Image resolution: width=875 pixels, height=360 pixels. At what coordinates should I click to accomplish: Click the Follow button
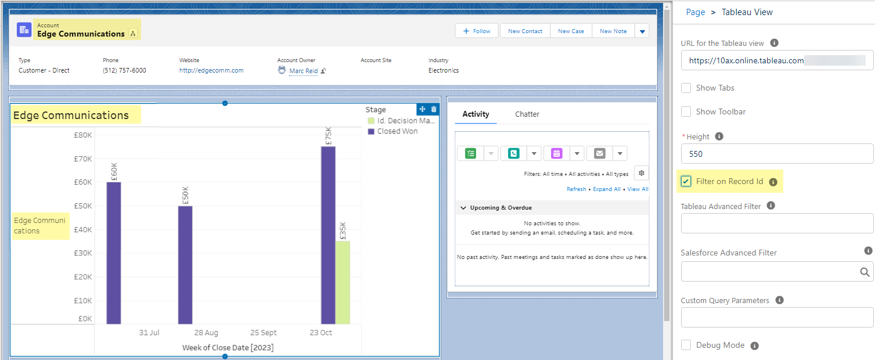coord(477,31)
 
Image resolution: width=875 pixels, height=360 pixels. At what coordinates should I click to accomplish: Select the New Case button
coord(571,31)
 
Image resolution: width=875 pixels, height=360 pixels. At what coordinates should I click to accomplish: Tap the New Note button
coord(613,31)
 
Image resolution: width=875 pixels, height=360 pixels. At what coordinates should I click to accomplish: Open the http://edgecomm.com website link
coord(211,70)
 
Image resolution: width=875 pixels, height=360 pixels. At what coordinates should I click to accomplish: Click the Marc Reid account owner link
coord(304,71)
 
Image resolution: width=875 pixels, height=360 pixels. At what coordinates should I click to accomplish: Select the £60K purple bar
coord(114,253)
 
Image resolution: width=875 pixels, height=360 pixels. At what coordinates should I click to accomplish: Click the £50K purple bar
coord(185,265)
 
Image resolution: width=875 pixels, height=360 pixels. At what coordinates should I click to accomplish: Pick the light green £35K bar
coord(343,282)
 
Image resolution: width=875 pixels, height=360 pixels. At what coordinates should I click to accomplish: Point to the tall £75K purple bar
coord(328,235)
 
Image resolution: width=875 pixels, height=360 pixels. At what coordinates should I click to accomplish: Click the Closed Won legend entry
coord(393,131)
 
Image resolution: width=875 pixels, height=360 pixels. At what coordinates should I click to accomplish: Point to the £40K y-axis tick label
coord(83,229)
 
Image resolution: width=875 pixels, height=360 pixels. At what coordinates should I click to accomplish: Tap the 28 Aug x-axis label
coord(206,333)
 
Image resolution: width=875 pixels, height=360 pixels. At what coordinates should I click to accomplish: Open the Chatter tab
coord(527,114)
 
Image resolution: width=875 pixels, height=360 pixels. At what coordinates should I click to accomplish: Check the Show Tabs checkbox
coord(686,88)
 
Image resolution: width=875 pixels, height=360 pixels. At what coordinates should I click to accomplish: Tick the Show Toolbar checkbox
coord(686,111)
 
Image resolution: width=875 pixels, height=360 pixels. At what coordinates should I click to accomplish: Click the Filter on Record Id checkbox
coord(686,181)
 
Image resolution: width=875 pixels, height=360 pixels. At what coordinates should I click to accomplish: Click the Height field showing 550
coord(776,154)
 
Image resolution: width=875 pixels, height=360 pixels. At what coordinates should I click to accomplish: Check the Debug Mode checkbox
coord(686,345)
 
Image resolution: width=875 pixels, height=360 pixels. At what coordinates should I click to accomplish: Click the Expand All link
coord(607,189)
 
